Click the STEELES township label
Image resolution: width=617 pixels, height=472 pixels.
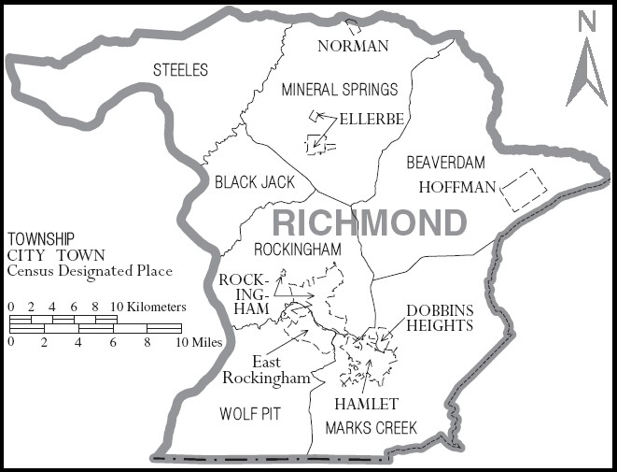point(181,70)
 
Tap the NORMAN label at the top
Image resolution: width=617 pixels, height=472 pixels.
point(353,46)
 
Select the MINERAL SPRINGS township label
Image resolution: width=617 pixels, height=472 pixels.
point(340,90)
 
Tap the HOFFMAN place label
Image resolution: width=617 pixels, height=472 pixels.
point(456,187)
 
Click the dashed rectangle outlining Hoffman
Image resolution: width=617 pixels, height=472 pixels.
point(523,190)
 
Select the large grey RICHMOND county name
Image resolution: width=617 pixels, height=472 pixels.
point(369,223)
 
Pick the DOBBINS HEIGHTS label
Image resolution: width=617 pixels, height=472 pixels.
point(440,318)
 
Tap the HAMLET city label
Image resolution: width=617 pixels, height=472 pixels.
point(366,404)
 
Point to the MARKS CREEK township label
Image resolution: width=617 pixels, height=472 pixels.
point(371,428)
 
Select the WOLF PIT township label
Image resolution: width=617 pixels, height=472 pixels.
point(251,412)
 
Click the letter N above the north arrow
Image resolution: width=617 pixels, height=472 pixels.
point(586,22)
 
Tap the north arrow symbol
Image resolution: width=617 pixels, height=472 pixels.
point(586,70)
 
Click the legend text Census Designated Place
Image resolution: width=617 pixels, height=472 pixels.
point(90,271)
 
